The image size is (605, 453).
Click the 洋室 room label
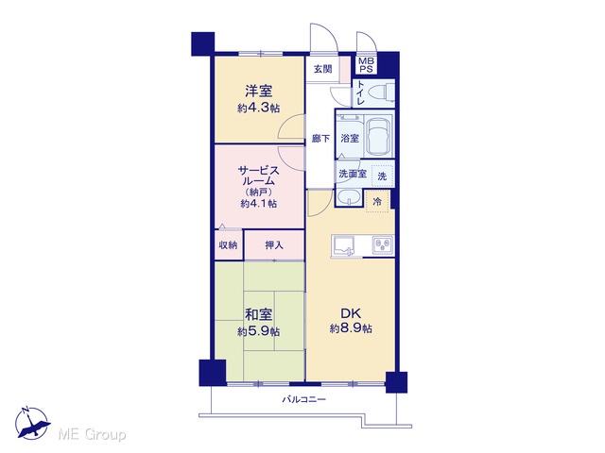tap(258, 92)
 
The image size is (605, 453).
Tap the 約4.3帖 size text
tap(258, 108)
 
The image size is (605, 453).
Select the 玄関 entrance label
tap(322, 69)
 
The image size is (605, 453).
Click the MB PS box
tap(366, 65)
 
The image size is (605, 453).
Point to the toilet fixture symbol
tap(381, 92)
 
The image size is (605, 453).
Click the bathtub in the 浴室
tap(378, 136)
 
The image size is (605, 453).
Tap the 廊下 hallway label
tap(320, 138)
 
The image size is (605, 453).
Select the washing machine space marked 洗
tap(382, 176)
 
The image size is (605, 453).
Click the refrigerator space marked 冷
tap(377, 201)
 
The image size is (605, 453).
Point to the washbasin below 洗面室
tap(349, 197)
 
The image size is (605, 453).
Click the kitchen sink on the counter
tap(343, 246)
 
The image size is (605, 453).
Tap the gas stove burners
tap(383, 244)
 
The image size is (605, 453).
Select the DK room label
tap(351, 312)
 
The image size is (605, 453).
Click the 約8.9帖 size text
tap(351, 328)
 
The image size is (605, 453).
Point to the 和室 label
tap(258, 314)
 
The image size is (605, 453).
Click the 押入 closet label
tap(274, 245)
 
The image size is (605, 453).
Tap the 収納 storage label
tap(228, 245)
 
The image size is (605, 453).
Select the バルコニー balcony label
tap(304, 399)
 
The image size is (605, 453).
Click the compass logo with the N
tap(31, 423)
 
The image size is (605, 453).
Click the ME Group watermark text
tap(92, 434)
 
